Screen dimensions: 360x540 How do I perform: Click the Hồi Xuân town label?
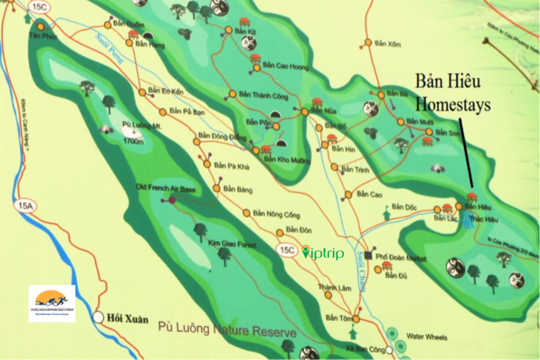pyautogui.click(x=127, y=319)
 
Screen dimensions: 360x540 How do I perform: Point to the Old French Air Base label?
pyautogui.click(x=166, y=189)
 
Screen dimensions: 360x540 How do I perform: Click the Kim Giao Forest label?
pyautogui.click(x=232, y=245)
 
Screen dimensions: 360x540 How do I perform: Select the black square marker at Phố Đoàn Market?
pyautogui.click(x=369, y=256)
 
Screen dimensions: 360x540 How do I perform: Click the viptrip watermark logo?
pyautogui.click(x=323, y=253)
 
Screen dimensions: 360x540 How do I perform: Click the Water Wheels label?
pyautogui.click(x=427, y=337)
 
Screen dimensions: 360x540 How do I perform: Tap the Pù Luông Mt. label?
pyautogui.click(x=142, y=126)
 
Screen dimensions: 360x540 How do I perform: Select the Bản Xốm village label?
pyautogui.click(x=387, y=43)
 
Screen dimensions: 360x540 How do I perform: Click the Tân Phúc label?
pyautogui.click(x=41, y=35)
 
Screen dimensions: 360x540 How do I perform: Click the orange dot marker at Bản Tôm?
pyautogui.click(x=356, y=319)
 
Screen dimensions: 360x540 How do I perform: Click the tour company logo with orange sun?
pyautogui.click(x=52, y=303)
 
